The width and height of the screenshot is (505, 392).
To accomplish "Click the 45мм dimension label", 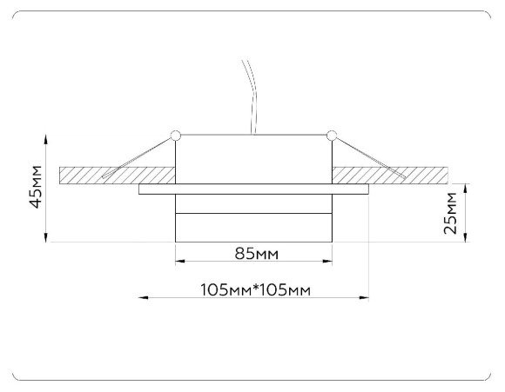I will point(36,187).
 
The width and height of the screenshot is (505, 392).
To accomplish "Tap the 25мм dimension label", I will point(450,212).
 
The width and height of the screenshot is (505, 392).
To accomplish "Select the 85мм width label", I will point(256,254).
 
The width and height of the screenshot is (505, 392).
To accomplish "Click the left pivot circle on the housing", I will point(176,135).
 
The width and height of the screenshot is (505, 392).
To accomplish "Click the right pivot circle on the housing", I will point(332,135).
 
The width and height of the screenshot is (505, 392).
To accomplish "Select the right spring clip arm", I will point(370,158).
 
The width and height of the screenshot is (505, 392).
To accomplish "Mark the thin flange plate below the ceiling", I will point(255,189).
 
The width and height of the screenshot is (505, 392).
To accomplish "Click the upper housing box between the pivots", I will point(253,158).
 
